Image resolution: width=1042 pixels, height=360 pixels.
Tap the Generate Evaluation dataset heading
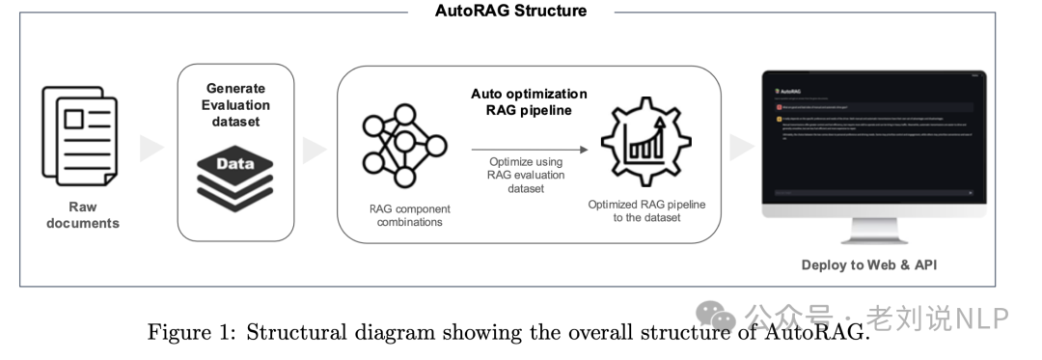[235, 106]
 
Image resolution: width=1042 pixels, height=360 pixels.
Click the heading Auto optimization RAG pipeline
[529, 102]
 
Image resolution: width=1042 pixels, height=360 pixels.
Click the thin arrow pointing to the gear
[529, 151]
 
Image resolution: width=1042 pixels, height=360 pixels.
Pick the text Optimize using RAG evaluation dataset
[526, 175]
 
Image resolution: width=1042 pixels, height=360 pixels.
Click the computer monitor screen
[872, 135]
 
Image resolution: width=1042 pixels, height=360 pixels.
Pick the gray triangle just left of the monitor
[741, 148]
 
